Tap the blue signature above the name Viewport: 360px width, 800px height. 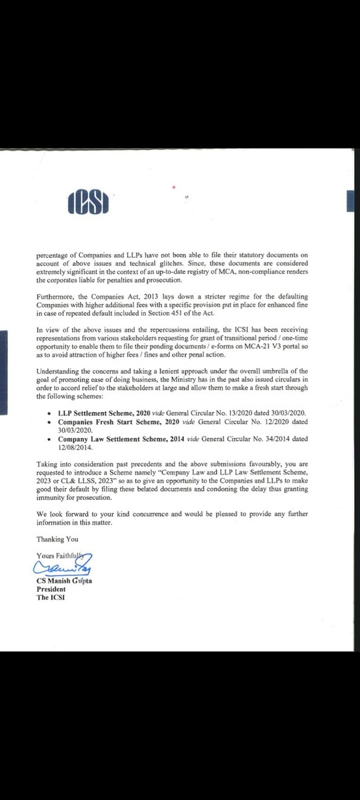click(63, 566)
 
